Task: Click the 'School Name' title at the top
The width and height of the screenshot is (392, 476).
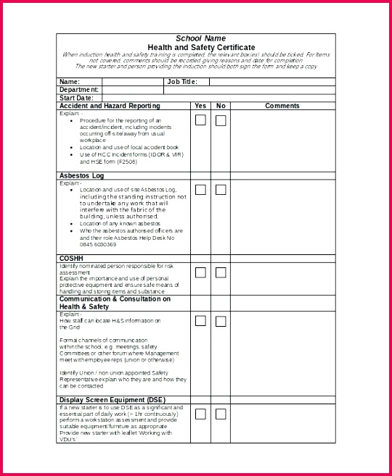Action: click(x=200, y=38)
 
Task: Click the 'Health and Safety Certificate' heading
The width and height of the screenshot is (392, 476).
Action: click(x=200, y=46)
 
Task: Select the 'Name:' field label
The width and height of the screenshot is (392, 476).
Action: click(x=70, y=82)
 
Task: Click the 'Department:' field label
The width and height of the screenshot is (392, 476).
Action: click(x=78, y=90)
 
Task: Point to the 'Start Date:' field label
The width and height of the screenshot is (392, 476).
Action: click(x=76, y=98)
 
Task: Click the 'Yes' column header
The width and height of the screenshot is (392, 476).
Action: click(x=200, y=106)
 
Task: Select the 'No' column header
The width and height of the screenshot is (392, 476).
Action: click(x=221, y=106)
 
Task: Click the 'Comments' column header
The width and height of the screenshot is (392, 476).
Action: click(x=282, y=106)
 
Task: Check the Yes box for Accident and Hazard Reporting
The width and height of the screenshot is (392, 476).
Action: click(x=200, y=120)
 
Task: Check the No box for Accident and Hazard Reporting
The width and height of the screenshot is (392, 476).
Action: click(x=221, y=120)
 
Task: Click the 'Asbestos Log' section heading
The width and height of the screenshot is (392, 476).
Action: click(x=81, y=175)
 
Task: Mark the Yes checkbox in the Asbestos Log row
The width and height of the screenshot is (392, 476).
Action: click(x=200, y=190)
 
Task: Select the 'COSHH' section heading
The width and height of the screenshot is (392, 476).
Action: click(x=72, y=258)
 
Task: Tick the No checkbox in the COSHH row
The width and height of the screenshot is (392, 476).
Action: click(x=221, y=272)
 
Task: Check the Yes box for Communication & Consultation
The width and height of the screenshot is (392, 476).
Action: click(x=200, y=321)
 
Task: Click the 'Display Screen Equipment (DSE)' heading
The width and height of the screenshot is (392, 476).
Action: click(x=112, y=400)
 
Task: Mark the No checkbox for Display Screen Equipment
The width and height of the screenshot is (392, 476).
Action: click(x=221, y=414)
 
